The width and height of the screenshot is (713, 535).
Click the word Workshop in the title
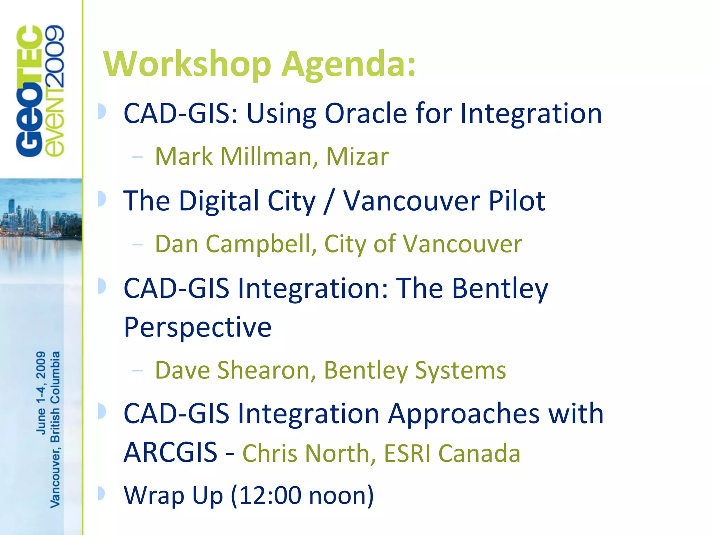point(187,64)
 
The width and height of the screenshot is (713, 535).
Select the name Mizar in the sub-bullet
point(357,156)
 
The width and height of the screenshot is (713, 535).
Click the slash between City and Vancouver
point(329,201)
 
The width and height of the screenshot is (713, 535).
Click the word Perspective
point(197,327)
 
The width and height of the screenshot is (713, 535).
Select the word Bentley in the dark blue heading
point(500,289)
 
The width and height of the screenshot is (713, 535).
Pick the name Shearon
point(266,370)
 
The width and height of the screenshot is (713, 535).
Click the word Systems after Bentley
point(460,371)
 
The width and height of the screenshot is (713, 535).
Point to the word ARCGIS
point(171,452)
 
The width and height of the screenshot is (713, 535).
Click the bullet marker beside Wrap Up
point(101,493)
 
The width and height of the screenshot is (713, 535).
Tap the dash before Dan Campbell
point(137,245)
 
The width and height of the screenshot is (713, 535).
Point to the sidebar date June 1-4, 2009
point(41,393)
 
